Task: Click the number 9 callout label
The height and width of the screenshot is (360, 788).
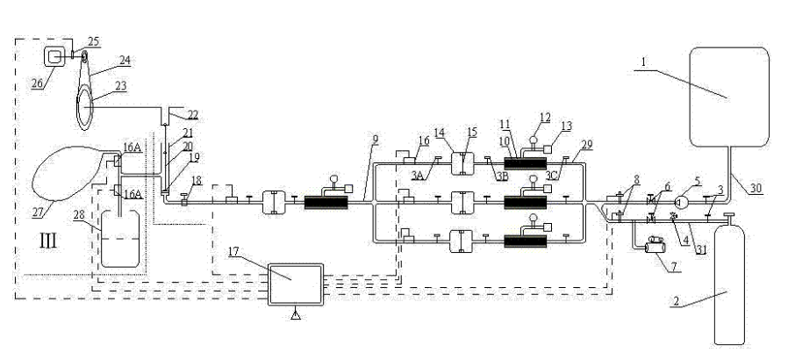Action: (375, 139)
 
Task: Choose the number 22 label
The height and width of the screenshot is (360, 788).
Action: (192, 115)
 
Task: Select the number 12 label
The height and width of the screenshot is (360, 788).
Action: (545, 117)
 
